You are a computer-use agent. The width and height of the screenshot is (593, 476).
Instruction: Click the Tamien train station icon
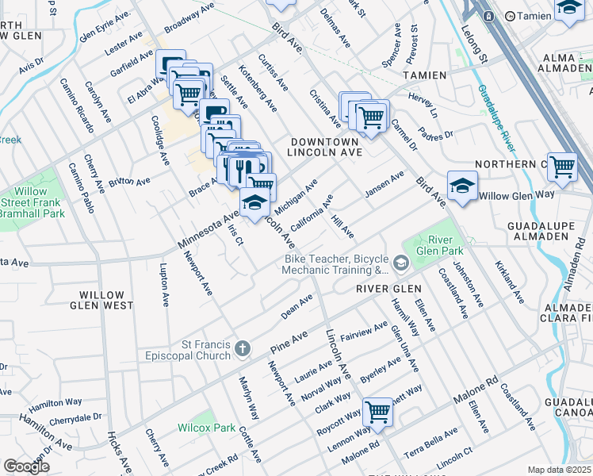pyautogui.click(x=489, y=16)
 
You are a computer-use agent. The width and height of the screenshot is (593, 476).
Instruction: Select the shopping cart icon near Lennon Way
pyautogui.click(x=378, y=412)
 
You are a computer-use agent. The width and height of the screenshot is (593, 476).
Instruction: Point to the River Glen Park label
pyautogui.click(x=430, y=246)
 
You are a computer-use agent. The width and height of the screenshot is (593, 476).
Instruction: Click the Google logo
pyautogui.click(x=26, y=466)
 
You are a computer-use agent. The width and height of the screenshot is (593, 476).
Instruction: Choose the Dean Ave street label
pyautogui.click(x=297, y=307)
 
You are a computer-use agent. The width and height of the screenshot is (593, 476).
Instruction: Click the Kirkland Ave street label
pyautogui.click(x=510, y=284)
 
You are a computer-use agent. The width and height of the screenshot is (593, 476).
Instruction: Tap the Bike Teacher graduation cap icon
pyautogui.click(x=401, y=263)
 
